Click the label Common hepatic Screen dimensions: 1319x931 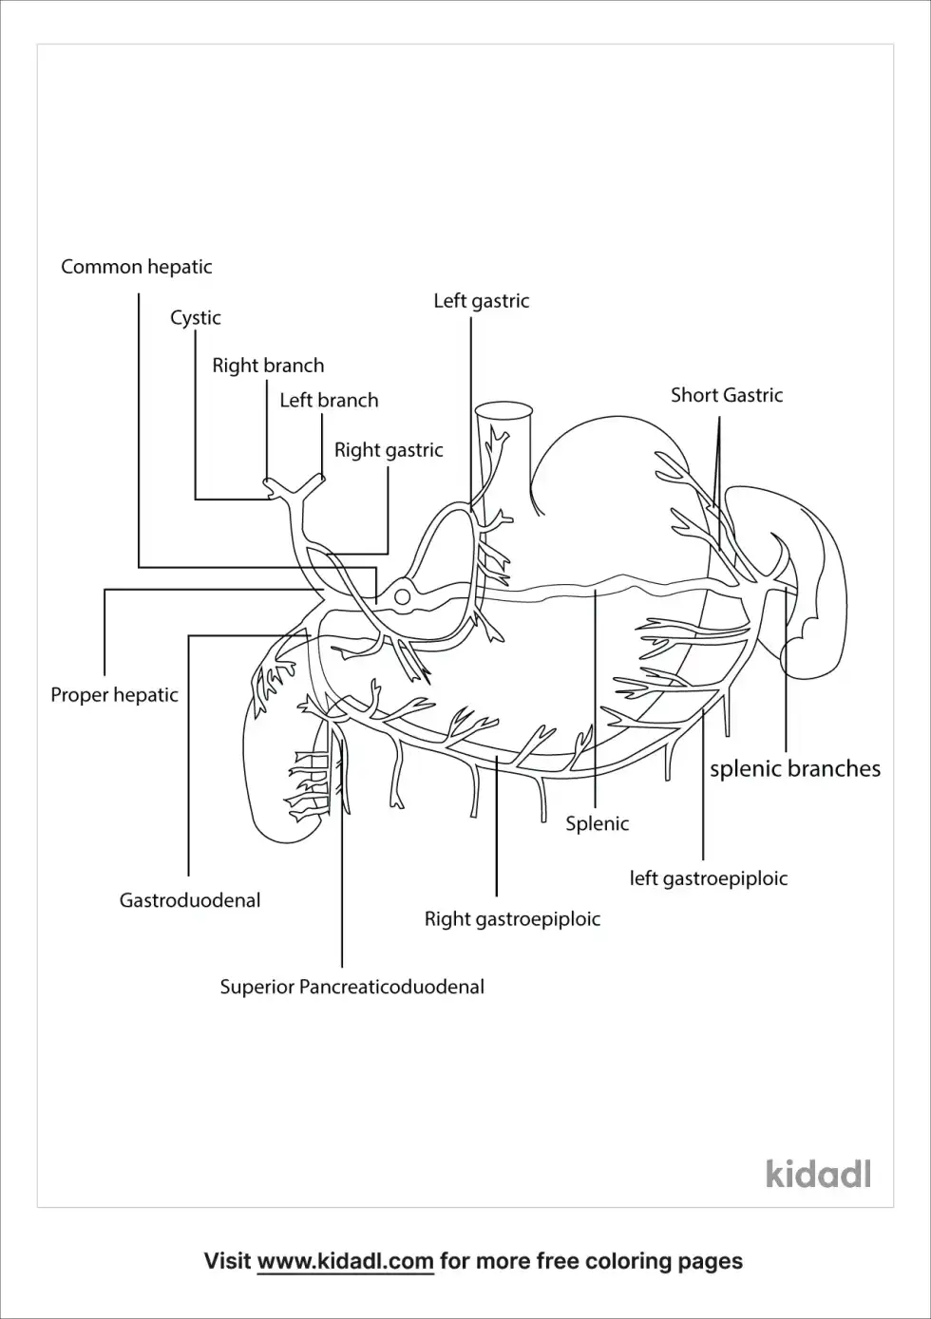(137, 267)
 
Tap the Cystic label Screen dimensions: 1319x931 (195, 317)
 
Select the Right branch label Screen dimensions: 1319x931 (268, 366)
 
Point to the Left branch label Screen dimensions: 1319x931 (329, 401)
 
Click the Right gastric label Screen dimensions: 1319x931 (389, 450)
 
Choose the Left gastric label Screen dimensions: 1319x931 (481, 301)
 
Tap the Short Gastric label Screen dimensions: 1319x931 (727, 395)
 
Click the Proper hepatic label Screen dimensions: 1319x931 (114, 695)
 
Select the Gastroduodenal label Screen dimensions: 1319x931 (189, 900)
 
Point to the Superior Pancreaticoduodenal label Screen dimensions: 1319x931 (351, 987)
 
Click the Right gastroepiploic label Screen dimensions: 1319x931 (512, 919)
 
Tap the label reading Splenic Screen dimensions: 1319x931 (597, 823)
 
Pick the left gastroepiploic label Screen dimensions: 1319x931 (709, 879)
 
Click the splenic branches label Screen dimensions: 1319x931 (795, 769)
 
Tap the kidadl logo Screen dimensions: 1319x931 (818, 1174)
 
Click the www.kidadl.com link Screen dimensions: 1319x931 (345, 1261)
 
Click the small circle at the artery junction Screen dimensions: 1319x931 (402, 597)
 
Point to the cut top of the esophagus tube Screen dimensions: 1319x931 (503, 409)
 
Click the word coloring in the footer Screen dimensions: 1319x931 (628, 1261)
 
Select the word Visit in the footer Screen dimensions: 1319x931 (228, 1261)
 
